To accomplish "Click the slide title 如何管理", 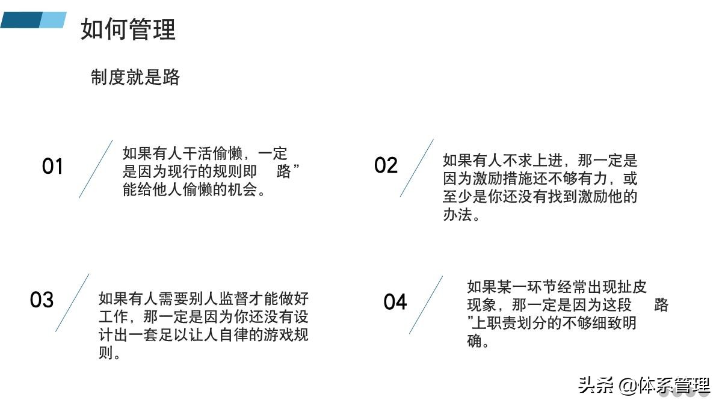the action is point(128,29).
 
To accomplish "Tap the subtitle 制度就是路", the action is point(135,77).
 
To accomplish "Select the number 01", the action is point(52,167).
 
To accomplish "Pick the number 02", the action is point(386,165).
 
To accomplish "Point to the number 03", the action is point(42,300).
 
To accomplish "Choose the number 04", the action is point(395,302).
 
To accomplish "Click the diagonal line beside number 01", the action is point(96,169).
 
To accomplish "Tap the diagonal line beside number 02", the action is point(416,168).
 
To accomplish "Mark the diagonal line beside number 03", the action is point(72,303).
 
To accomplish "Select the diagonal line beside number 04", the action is point(426,305).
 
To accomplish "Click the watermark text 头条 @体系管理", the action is point(644,385).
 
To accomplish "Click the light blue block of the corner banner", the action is point(53,20).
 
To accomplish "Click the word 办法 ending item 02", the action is point(457,215).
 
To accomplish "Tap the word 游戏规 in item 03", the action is point(286,334).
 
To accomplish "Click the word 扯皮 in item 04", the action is point(632,286).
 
